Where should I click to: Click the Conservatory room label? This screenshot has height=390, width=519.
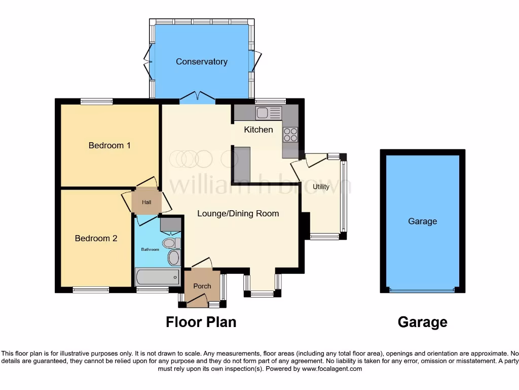[201, 61]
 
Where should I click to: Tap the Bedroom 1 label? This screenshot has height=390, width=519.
[109, 145]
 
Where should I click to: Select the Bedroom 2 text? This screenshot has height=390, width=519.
[96, 238]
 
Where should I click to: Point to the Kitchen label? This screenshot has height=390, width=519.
[258, 129]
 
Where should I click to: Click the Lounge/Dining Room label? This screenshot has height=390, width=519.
[238, 213]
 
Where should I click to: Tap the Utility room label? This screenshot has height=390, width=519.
[321, 187]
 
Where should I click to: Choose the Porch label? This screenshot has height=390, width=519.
[202, 286]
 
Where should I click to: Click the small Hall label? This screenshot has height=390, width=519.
[146, 202]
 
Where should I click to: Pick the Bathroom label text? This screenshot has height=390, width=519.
[150, 249]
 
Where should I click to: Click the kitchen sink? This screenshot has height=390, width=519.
[269, 112]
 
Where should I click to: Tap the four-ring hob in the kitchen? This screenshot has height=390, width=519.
[290, 134]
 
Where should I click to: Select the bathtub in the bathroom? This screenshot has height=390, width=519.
[157, 277]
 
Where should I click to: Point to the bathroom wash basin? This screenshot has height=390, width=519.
[173, 257]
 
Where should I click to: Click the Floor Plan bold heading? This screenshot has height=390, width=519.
[201, 322]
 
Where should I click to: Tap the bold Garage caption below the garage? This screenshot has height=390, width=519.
[422, 322]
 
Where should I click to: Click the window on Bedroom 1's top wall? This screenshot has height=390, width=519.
[96, 102]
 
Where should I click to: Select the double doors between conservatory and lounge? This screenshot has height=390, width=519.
[197, 97]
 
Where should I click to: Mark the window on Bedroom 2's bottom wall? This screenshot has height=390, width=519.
[91, 290]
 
